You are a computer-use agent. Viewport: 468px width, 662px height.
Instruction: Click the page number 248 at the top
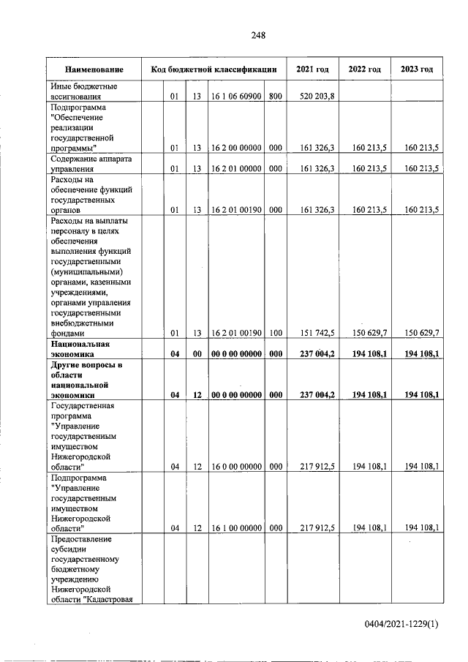[x=257, y=35]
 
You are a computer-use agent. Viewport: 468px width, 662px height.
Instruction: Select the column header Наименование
[x=94, y=69]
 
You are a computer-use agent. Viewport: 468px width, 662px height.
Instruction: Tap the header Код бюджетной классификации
[x=214, y=69]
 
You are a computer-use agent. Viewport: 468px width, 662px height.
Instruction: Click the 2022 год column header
[x=364, y=69]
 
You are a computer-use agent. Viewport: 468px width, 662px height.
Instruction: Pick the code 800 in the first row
[x=275, y=97]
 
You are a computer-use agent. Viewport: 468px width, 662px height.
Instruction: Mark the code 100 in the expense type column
[x=275, y=333]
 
